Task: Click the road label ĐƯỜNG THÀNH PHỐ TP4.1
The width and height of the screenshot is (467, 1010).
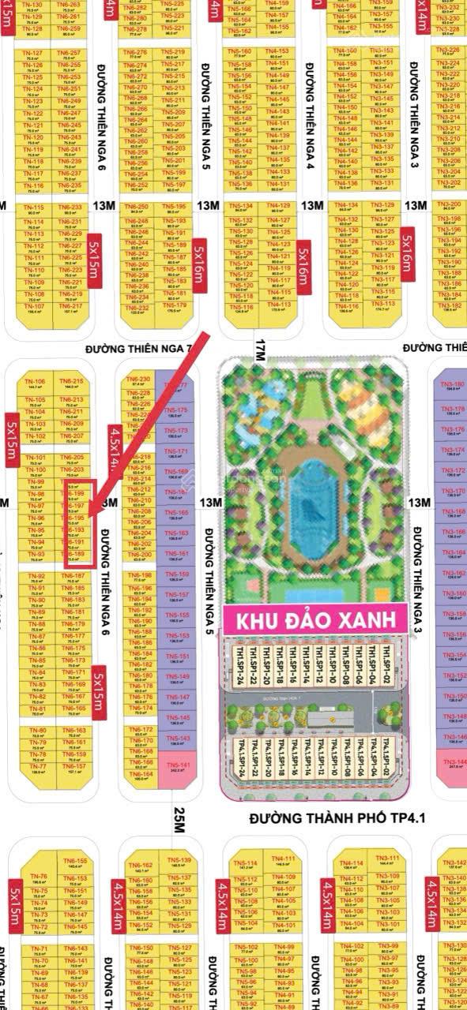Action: (x=337, y=818)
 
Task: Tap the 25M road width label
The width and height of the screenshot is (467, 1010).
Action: (x=179, y=821)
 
